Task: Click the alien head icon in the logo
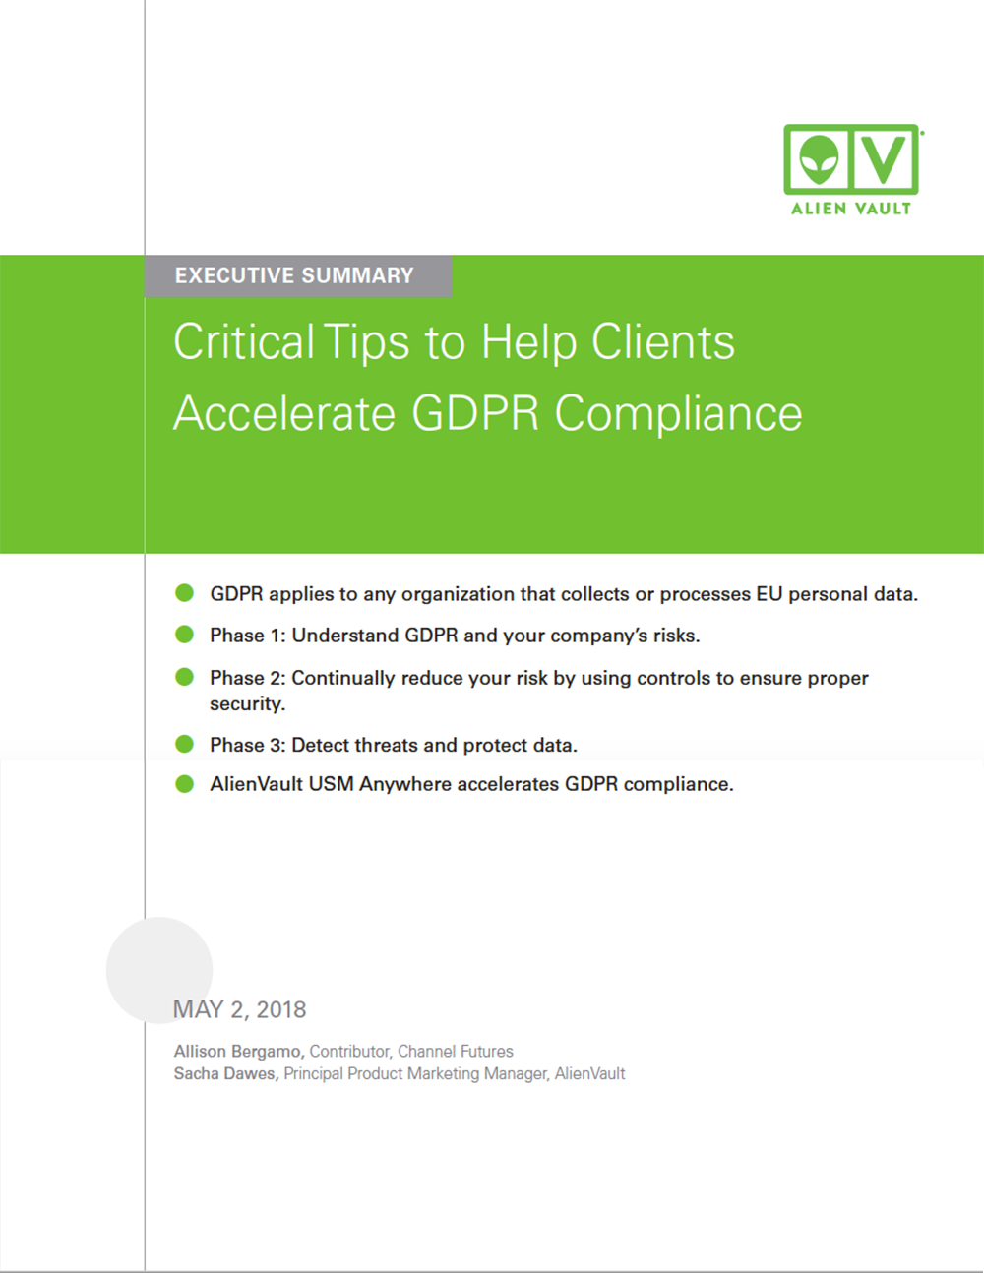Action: click(820, 158)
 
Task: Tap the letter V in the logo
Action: click(885, 158)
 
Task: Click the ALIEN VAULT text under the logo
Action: click(851, 209)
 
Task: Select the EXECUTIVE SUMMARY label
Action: click(294, 275)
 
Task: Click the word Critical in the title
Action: click(244, 341)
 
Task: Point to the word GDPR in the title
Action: click(475, 413)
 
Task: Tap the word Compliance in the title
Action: click(678, 415)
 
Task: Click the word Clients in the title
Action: click(662, 341)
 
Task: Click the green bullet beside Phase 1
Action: click(185, 635)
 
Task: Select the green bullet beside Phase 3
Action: click(185, 744)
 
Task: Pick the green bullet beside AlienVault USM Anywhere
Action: click(185, 784)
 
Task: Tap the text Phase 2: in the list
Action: click(248, 678)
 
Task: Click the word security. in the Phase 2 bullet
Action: click(248, 704)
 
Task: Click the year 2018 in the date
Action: click(281, 1009)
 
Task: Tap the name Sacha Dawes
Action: click(226, 1074)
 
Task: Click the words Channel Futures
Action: click(455, 1051)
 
